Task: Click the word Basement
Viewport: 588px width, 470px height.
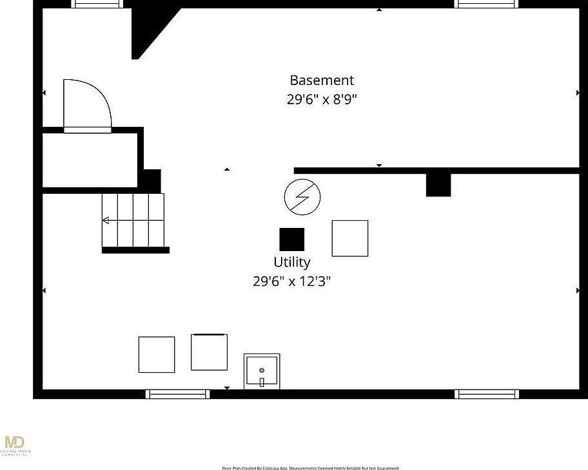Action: coord(322,80)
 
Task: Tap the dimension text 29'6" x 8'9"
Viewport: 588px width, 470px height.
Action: coord(322,100)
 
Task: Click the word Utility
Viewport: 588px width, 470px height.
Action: coord(291,262)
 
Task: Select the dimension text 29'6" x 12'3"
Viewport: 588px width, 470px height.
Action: coord(291,281)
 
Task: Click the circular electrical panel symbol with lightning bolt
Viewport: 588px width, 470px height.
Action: coord(302,197)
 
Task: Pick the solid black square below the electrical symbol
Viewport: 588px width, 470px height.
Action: coord(291,240)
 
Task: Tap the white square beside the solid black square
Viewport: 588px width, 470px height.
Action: coord(350,238)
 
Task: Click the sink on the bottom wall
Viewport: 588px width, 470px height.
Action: coord(262,371)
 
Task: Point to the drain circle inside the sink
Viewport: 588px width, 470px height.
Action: coord(262,370)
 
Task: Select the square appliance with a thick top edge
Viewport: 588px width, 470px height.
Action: coord(209,352)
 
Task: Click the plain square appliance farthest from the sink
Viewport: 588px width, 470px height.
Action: coord(157,354)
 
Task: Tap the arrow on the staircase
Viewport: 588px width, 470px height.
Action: coord(106,221)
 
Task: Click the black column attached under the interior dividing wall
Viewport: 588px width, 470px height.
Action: coord(438,185)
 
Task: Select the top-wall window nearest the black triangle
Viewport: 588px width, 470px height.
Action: coord(97,4)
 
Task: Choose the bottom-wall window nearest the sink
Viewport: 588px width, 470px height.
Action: coord(177,394)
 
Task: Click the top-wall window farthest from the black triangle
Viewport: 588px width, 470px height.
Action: coord(487,4)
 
